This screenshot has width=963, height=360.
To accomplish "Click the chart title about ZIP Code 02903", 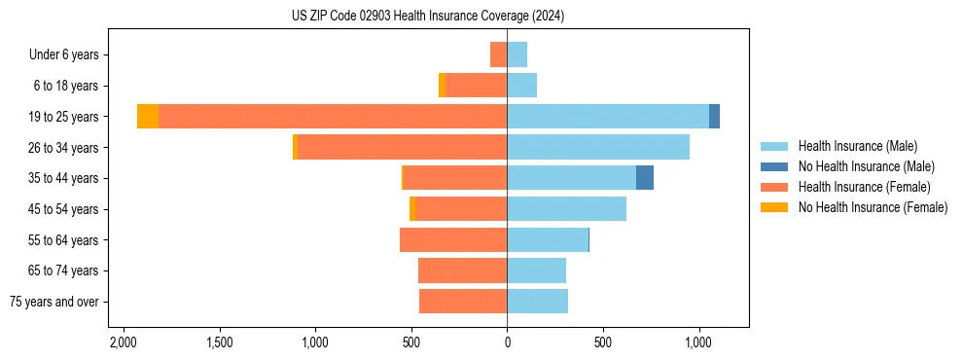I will pyautogui.click(x=427, y=16).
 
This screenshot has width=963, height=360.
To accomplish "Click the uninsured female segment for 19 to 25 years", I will pyautogui.click(x=148, y=117).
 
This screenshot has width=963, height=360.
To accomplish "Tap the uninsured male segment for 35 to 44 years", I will pyautogui.click(x=645, y=178).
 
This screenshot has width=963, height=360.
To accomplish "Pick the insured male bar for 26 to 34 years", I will pyautogui.click(x=598, y=148).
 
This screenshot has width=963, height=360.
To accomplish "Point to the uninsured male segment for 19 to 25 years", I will pyautogui.click(x=714, y=117).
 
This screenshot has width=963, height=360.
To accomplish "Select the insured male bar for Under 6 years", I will pyautogui.click(x=517, y=54).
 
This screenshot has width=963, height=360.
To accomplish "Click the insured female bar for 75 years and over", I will pyautogui.click(x=463, y=302).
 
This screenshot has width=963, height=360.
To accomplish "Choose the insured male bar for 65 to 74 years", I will pyautogui.click(x=536, y=270).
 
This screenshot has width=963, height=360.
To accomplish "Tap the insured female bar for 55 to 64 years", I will pyautogui.click(x=453, y=240).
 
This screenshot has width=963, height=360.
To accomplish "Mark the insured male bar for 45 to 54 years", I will pyautogui.click(x=566, y=209).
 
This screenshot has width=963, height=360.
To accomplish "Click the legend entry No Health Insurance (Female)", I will pyautogui.click(x=873, y=207).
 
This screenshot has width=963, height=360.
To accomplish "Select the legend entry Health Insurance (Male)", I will pyautogui.click(x=857, y=146).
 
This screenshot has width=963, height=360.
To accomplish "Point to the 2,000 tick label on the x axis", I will pyautogui.click(x=123, y=343).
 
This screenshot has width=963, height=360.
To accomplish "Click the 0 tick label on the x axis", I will pyautogui.click(x=507, y=343).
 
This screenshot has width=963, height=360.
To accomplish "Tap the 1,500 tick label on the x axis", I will pyautogui.click(x=219, y=343).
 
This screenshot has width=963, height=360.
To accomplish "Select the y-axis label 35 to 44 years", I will pyautogui.click(x=63, y=178).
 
